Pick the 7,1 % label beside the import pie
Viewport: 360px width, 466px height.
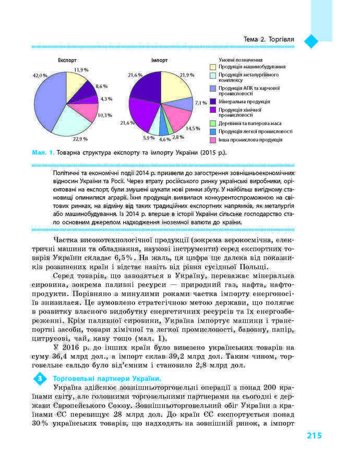click(201, 103)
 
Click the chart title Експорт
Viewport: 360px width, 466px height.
click(67, 61)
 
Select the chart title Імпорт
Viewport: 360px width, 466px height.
click(159, 61)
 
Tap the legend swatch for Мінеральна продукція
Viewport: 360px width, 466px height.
click(213, 101)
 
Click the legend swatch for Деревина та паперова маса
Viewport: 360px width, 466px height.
click(213, 123)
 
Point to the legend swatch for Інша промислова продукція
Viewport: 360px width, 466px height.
click(213, 140)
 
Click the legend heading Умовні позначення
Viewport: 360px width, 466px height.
click(233, 59)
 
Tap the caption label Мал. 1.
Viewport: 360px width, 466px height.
click(43, 152)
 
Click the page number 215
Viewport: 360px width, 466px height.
click(315, 436)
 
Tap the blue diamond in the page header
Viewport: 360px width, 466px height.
click(311, 41)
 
